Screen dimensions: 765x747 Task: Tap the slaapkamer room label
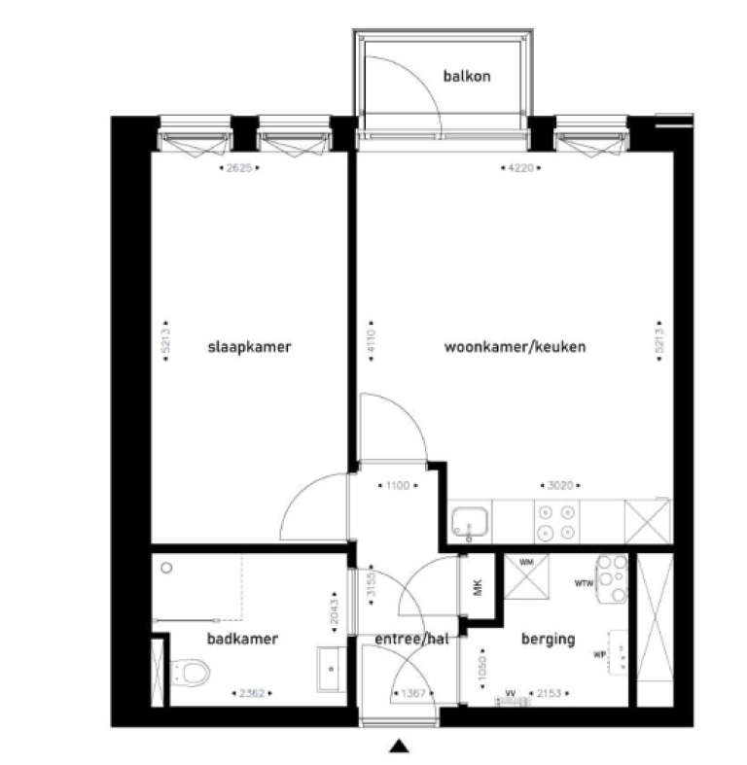coord(250,347)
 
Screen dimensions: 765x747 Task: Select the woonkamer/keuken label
coord(516,347)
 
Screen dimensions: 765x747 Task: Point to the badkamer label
coord(242,639)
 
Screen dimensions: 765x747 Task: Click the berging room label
coord(549,640)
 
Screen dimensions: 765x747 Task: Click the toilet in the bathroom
coord(191,671)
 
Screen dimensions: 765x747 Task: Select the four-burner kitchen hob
coord(557,522)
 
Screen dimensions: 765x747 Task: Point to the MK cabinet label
coord(477,587)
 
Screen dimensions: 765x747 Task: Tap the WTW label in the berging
coord(584,584)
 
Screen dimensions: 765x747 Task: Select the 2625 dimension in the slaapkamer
coord(239,168)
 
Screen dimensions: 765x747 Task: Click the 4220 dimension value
coord(522,168)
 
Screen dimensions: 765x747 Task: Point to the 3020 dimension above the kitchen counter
coord(557,483)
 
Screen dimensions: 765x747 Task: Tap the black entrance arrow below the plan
coord(397,747)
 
